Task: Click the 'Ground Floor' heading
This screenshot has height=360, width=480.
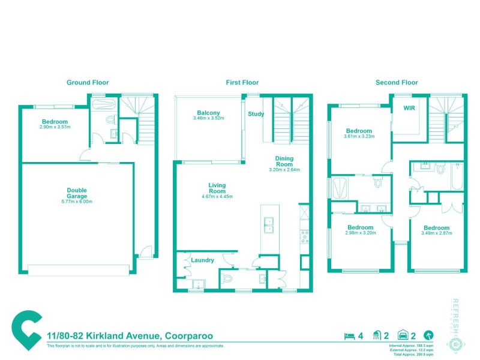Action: pos(88,83)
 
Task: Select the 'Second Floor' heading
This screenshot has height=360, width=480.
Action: pos(397,83)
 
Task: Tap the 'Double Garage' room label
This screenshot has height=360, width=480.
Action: pos(77,193)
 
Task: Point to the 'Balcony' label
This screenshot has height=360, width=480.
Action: pos(208,113)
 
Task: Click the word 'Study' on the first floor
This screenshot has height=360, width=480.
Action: pos(256,114)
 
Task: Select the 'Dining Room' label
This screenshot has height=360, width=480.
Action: pos(284,161)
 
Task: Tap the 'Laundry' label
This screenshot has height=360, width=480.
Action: pos(203,260)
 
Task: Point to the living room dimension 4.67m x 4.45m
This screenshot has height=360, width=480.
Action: pos(217,197)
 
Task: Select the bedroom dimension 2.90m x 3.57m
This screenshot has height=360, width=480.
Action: pos(55,127)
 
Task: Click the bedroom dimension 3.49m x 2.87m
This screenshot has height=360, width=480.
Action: pos(436,233)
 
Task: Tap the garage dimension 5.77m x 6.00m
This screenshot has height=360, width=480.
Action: pos(77,202)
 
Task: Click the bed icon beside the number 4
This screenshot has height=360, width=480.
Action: pos(348,335)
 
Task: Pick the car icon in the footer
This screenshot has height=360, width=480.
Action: pos(404,335)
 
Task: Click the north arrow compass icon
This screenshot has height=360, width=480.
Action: pos(428,335)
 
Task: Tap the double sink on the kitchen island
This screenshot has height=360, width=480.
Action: pos(269,224)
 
